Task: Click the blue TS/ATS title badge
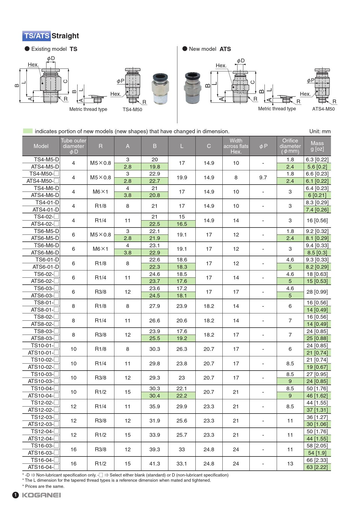pos(37,36)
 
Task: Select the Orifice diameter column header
pos(290,146)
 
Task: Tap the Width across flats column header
pos(236,146)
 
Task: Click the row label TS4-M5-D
pos(46,160)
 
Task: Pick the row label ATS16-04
pos(43,467)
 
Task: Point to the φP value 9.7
pos(263,177)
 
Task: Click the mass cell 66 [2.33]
pos(317,460)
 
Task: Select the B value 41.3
pos(154,463)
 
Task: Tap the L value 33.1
pos(182,463)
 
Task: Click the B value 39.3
pos(154,449)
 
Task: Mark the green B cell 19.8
pos(154,167)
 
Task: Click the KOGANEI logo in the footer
pos(41,495)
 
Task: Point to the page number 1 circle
pos(15,495)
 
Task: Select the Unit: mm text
pos(320,131)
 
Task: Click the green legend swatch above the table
pos(28,131)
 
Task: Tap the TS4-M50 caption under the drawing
pos(132,109)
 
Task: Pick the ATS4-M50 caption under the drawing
pos(323,109)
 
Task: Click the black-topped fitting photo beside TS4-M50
pos(160,89)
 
